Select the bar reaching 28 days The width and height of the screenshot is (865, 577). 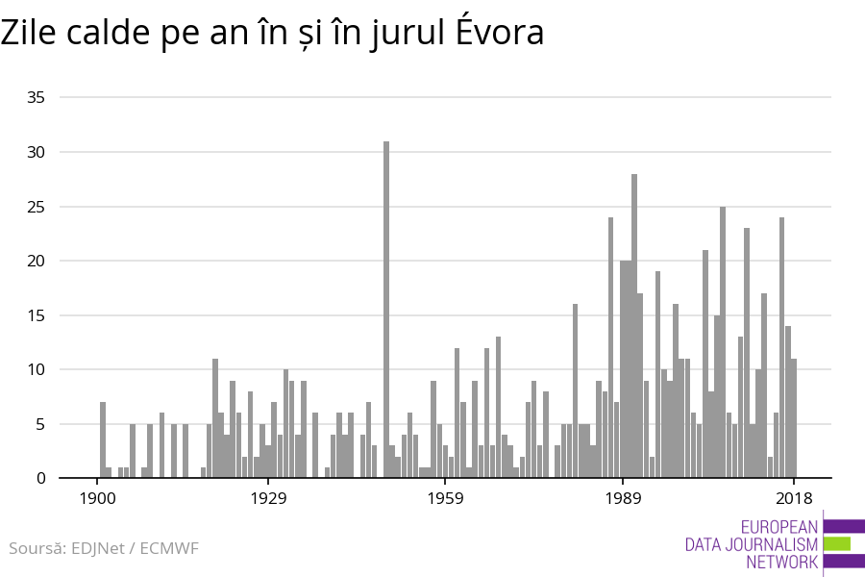(x=634, y=326)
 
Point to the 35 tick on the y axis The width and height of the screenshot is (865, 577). (x=37, y=98)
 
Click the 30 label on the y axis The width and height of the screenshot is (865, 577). (x=37, y=152)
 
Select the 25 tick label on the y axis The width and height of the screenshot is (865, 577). (x=37, y=207)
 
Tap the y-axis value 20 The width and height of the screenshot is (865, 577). (x=37, y=261)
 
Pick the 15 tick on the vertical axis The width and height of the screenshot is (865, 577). (x=37, y=315)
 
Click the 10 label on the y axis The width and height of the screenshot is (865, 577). (x=37, y=369)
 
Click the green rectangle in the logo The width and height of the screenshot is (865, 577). (x=837, y=543)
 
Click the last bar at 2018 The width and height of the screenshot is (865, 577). (x=794, y=418)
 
